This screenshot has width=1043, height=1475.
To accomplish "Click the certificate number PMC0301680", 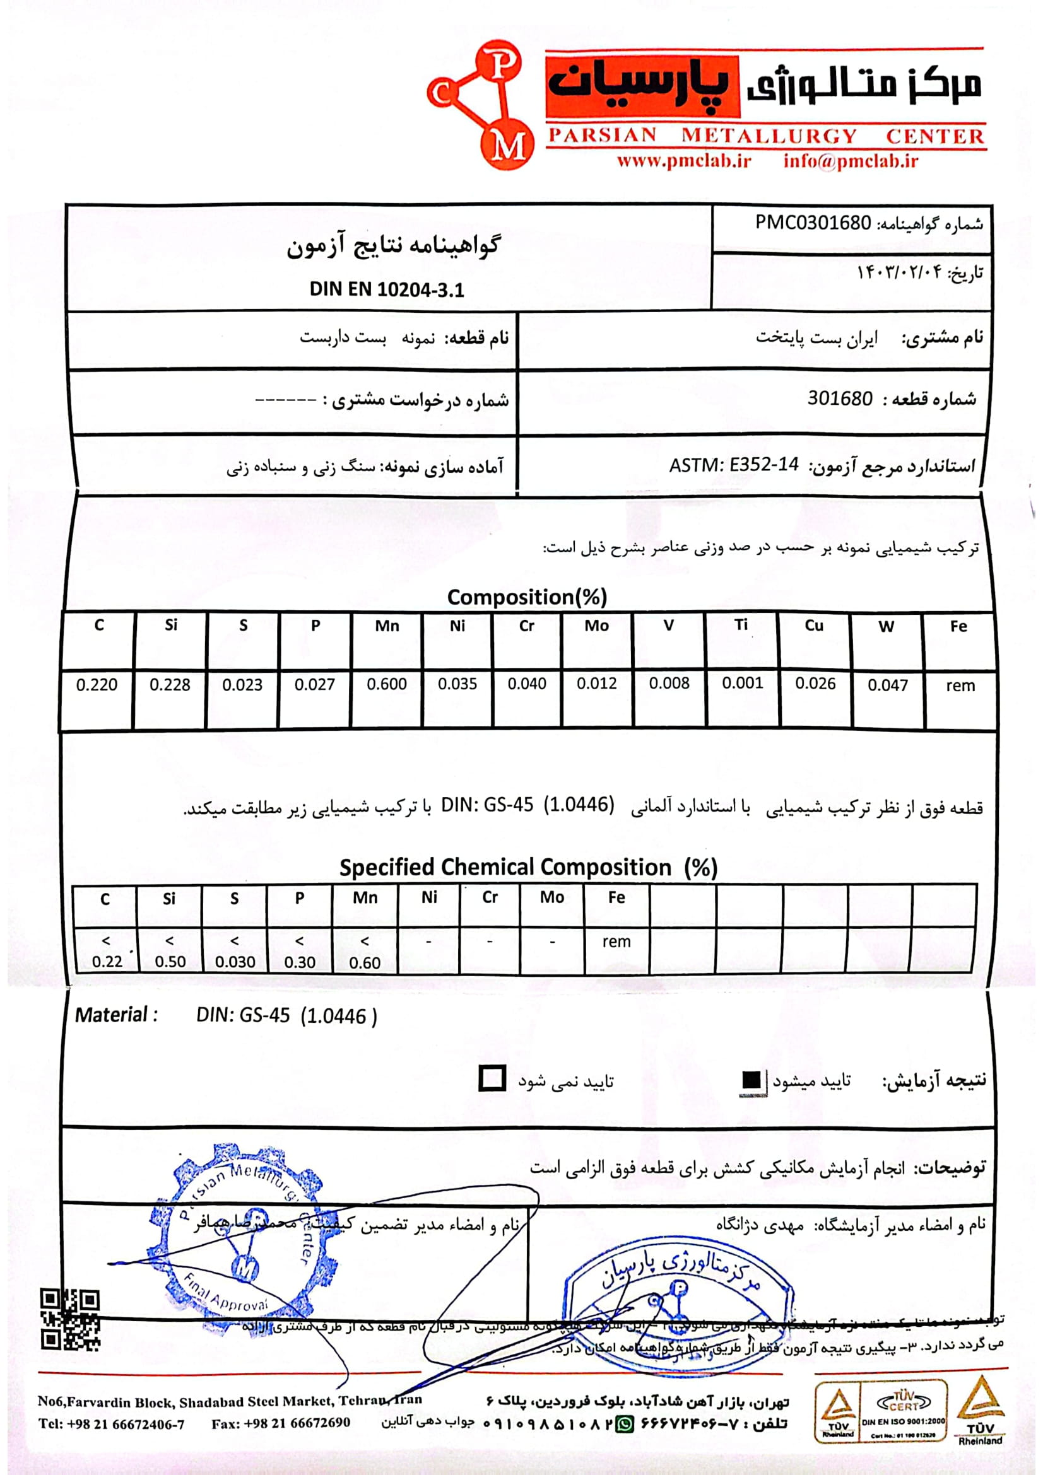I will coord(812,223).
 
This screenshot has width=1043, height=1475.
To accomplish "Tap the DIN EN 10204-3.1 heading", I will coord(386,289).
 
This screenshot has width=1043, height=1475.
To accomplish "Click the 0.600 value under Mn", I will coord(387,684).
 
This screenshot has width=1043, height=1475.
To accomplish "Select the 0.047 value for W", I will coord(888,685).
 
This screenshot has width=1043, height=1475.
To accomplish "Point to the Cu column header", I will coord(813,626).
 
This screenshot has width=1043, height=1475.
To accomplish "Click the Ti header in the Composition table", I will coord(741,625).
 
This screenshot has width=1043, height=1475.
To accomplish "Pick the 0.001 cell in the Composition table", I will coord(742,683).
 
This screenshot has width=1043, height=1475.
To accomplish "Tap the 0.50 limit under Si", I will coord(170,962).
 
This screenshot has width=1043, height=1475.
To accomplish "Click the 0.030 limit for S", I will coord(235,962).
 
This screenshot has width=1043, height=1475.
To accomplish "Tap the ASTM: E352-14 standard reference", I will coord(733,465).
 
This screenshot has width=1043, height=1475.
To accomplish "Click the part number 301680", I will coord(840,399).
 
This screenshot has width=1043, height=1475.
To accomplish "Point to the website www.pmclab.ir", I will coord(685,161).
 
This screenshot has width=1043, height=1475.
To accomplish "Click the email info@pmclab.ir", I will coord(850,161).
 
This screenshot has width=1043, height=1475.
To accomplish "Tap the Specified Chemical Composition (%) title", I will coord(527,867).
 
